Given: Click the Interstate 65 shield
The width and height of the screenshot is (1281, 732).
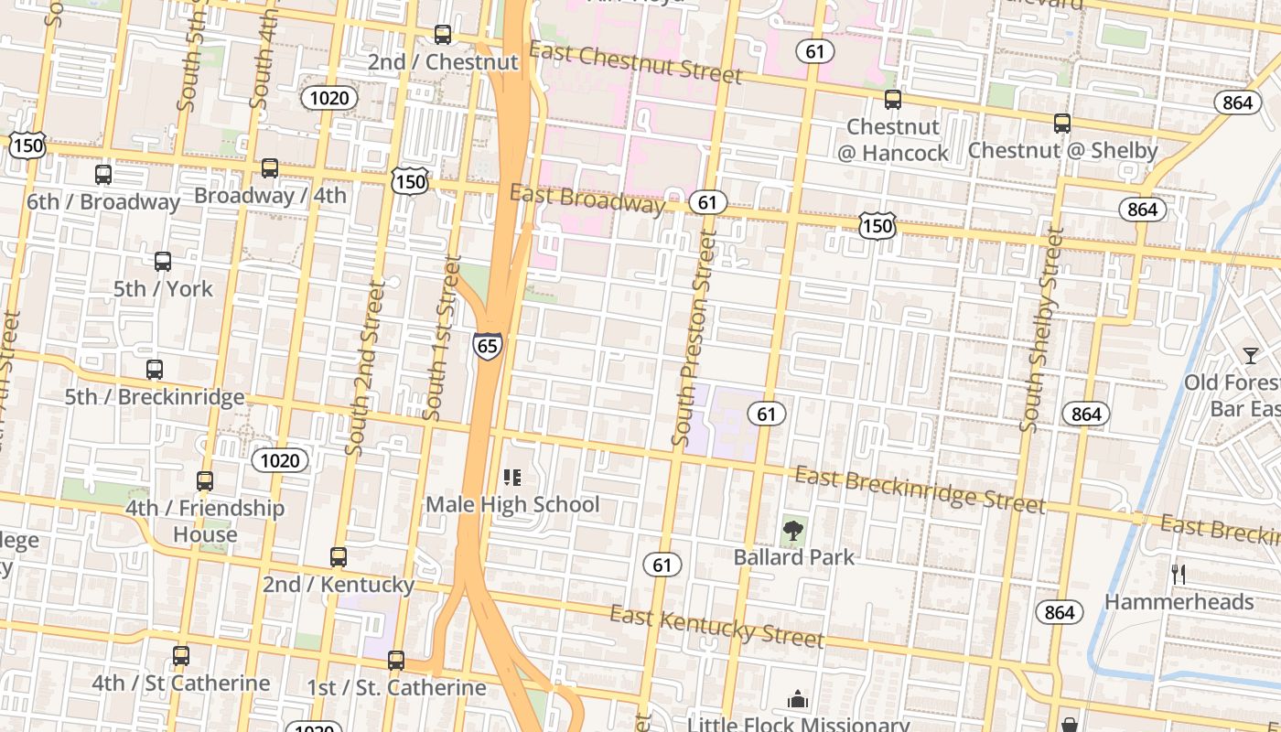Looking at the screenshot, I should [487, 346].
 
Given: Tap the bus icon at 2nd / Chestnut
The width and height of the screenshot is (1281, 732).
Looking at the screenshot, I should [443, 35].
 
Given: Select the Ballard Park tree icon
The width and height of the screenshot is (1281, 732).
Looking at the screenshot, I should [793, 530].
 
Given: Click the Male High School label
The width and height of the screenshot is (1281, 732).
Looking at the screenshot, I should [512, 504].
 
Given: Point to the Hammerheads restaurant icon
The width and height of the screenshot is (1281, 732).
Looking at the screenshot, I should [1179, 575].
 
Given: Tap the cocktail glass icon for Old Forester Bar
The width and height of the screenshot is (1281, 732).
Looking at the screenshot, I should [1251, 355].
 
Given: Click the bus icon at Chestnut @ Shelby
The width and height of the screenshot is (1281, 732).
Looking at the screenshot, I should [1062, 123].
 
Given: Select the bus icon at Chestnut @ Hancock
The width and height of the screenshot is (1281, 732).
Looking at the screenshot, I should [893, 100].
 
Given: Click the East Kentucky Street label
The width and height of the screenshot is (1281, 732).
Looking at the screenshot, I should [717, 627].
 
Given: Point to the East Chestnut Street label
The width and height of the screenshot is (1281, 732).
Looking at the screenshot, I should [636, 61].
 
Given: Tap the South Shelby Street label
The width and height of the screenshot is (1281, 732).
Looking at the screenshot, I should [1043, 329].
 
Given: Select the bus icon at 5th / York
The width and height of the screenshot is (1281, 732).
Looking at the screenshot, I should [163, 262].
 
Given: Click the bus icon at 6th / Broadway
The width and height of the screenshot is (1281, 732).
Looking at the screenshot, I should [103, 174].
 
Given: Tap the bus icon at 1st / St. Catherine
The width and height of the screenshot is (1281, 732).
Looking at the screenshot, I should [395, 660].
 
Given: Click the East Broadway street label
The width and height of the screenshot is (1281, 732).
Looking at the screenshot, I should [587, 199].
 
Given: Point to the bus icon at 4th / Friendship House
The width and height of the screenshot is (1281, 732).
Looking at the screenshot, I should [205, 480].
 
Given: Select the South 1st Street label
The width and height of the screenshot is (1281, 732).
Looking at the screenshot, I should [442, 340].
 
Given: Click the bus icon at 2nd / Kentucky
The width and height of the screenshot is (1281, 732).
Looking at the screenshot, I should [339, 556].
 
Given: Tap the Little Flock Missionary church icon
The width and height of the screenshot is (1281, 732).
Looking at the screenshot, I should [798, 700].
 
